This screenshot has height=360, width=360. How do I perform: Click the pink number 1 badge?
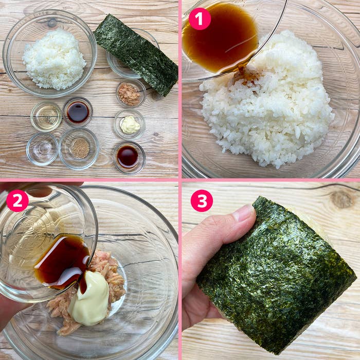[x=200, y=19]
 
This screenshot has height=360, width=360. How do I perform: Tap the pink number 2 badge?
[x=17, y=201]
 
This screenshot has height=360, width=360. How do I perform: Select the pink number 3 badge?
[x=202, y=201]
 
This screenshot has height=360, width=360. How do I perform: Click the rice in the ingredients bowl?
[x=53, y=59]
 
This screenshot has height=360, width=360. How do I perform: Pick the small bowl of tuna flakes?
[x=130, y=94]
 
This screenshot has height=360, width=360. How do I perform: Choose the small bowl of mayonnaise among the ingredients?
[x=130, y=124]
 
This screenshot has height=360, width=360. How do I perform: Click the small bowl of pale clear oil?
[x=46, y=116]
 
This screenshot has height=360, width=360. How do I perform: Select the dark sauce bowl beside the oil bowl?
[x=78, y=112]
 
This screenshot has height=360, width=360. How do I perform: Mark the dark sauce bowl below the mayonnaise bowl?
[x=128, y=156]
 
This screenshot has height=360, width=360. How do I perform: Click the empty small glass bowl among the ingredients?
[x=42, y=149]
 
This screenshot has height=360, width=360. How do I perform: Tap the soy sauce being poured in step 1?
[x=219, y=39]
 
